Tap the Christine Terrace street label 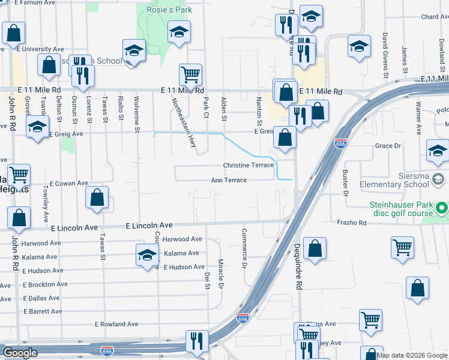click(x=248, y=165)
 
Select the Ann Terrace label click(x=229, y=180)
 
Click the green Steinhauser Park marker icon click(x=442, y=209)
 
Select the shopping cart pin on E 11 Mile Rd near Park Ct click(x=190, y=75)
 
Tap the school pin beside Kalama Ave click(x=147, y=254)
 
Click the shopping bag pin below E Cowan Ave click(x=97, y=198)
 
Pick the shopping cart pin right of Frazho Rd click(x=402, y=246)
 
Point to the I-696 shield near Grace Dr click(x=340, y=144)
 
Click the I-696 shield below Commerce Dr click(x=243, y=317)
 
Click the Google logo click(x=20, y=352)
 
